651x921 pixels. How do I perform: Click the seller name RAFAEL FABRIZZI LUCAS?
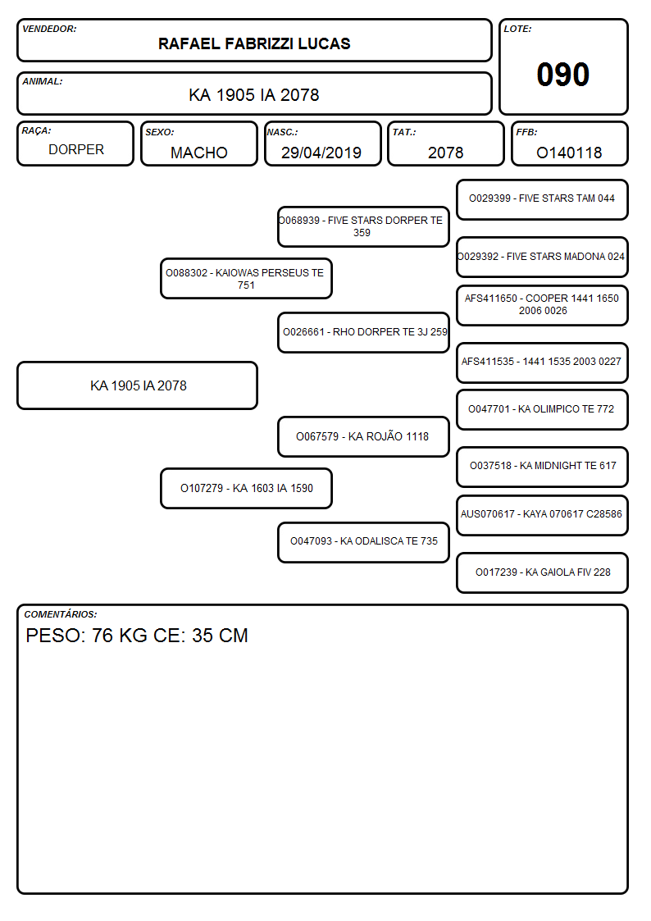pos(254,43)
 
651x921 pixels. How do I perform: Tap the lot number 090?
pos(563,75)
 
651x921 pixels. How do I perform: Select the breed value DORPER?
pos(76,150)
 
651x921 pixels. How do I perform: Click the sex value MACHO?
pos(199,153)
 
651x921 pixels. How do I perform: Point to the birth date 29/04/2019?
pos(321,153)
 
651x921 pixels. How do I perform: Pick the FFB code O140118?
pos(569,153)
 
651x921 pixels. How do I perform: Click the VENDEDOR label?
pos(49,29)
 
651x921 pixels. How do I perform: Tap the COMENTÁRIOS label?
pos(61,614)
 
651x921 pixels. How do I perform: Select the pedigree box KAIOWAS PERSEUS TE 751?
pos(246,278)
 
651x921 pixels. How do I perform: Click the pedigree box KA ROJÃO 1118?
pos(363,436)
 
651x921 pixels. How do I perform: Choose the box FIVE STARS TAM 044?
pos(542,200)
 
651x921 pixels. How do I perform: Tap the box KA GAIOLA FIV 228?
pos(542,572)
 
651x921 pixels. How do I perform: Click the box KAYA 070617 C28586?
pos(542,515)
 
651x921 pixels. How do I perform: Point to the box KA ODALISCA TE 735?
pos(363,542)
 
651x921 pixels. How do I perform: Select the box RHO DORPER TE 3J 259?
pos(363,332)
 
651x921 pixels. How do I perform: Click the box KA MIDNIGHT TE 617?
pos(542,467)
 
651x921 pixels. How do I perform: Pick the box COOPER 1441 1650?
pos(542,305)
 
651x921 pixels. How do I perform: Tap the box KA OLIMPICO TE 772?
pos(542,409)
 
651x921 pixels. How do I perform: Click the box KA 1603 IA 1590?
pos(246,488)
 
